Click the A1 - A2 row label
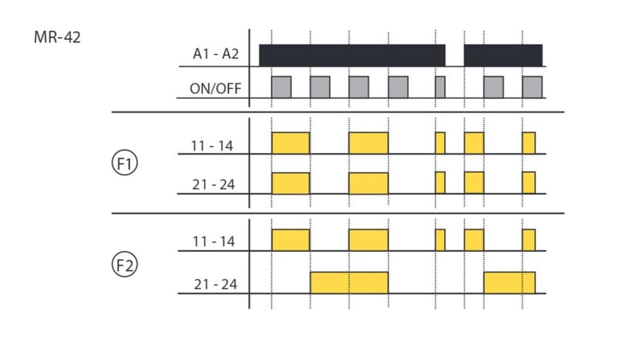[216, 55]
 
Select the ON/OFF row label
[216, 88]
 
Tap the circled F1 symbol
[124, 165]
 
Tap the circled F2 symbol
[124, 266]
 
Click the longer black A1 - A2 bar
[352, 56]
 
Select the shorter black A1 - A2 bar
[503, 56]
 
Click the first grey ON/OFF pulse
[281, 87]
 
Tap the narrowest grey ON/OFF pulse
[440, 87]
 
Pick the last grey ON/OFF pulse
[532, 87]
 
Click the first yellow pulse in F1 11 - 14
[290, 143]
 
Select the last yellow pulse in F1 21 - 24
[528, 182]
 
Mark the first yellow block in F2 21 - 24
[349, 283]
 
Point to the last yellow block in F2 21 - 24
[509, 283]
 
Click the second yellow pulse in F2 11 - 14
[368, 240]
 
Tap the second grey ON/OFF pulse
[320, 87]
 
